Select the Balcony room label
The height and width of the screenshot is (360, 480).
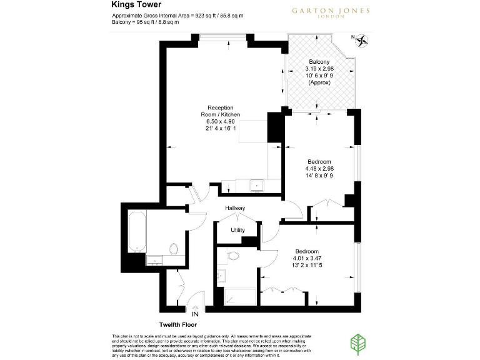pos(319,62)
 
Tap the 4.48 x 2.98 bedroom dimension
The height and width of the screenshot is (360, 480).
pos(318,168)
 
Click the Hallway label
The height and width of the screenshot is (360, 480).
pos(236,208)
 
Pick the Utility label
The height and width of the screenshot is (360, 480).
pos(237,231)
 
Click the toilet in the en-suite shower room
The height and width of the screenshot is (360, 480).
pos(233,256)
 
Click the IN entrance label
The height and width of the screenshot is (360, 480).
pos(196,314)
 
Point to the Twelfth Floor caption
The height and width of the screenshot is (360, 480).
pos(179,325)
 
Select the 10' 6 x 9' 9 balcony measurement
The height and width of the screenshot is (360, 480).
pos(319,76)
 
